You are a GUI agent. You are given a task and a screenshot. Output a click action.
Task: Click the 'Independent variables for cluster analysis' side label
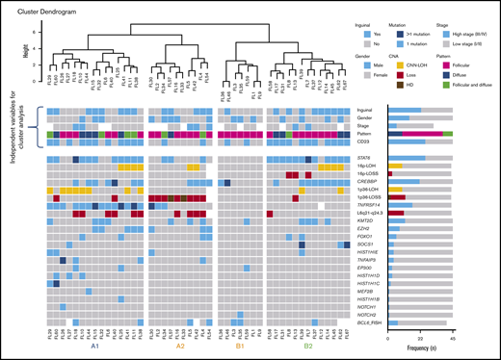click(12, 127)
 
